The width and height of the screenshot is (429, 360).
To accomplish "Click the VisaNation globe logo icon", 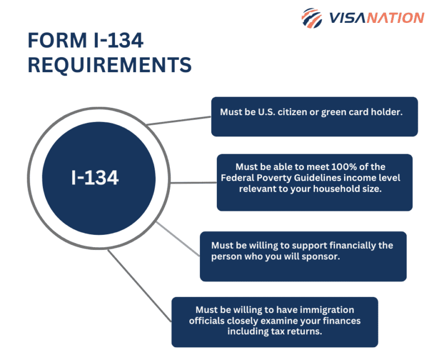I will tap(311, 18).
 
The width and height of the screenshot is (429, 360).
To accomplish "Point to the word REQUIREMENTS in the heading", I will tap(109, 65).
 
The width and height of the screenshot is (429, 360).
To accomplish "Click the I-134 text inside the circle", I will tap(95, 178).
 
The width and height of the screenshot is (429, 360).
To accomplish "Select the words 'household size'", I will tap(351, 188).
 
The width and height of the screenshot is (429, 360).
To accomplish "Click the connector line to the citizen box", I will tap(179, 121).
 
